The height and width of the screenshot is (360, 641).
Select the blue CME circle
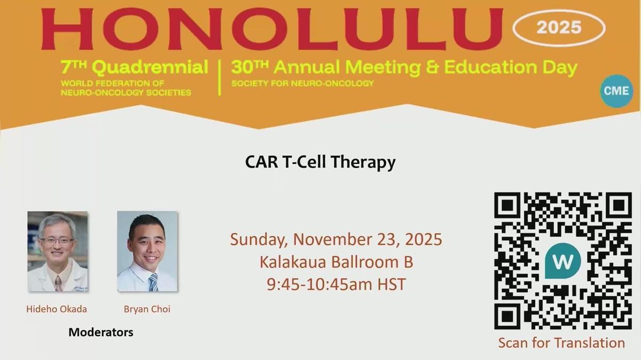[616, 91]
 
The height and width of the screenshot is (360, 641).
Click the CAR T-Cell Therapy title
[320, 162]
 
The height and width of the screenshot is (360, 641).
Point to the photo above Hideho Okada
[58, 252]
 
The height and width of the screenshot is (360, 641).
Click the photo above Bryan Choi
[147, 252]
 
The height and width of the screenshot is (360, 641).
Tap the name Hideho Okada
[57, 309]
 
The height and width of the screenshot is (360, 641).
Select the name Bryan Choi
[147, 309]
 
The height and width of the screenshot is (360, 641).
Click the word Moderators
[101, 332]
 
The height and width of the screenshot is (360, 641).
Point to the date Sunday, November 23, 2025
[336, 239]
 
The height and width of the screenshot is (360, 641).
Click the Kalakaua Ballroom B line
[336, 262]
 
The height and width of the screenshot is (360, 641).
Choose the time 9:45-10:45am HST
[336, 284]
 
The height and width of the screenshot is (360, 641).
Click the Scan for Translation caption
[561, 342]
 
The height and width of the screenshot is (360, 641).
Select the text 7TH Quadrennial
[135, 67]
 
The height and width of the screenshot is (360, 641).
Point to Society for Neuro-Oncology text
[302, 83]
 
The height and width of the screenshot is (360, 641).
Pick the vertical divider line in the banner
[220, 77]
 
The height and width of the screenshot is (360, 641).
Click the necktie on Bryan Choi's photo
[153, 281]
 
